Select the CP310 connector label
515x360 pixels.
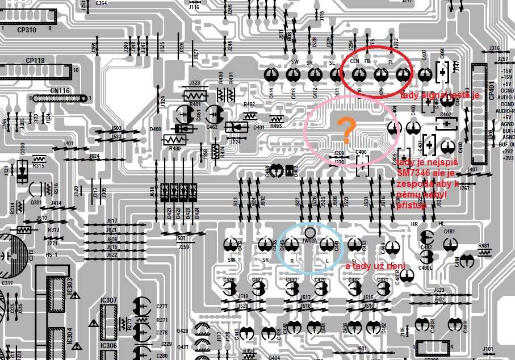tap(27, 30)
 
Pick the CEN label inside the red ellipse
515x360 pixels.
tap(355, 61)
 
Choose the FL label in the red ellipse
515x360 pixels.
tap(391, 61)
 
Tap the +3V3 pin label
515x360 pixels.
tap(506, 158)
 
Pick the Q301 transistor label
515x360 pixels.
tap(36, 202)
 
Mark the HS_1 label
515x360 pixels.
tap(52, 255)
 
